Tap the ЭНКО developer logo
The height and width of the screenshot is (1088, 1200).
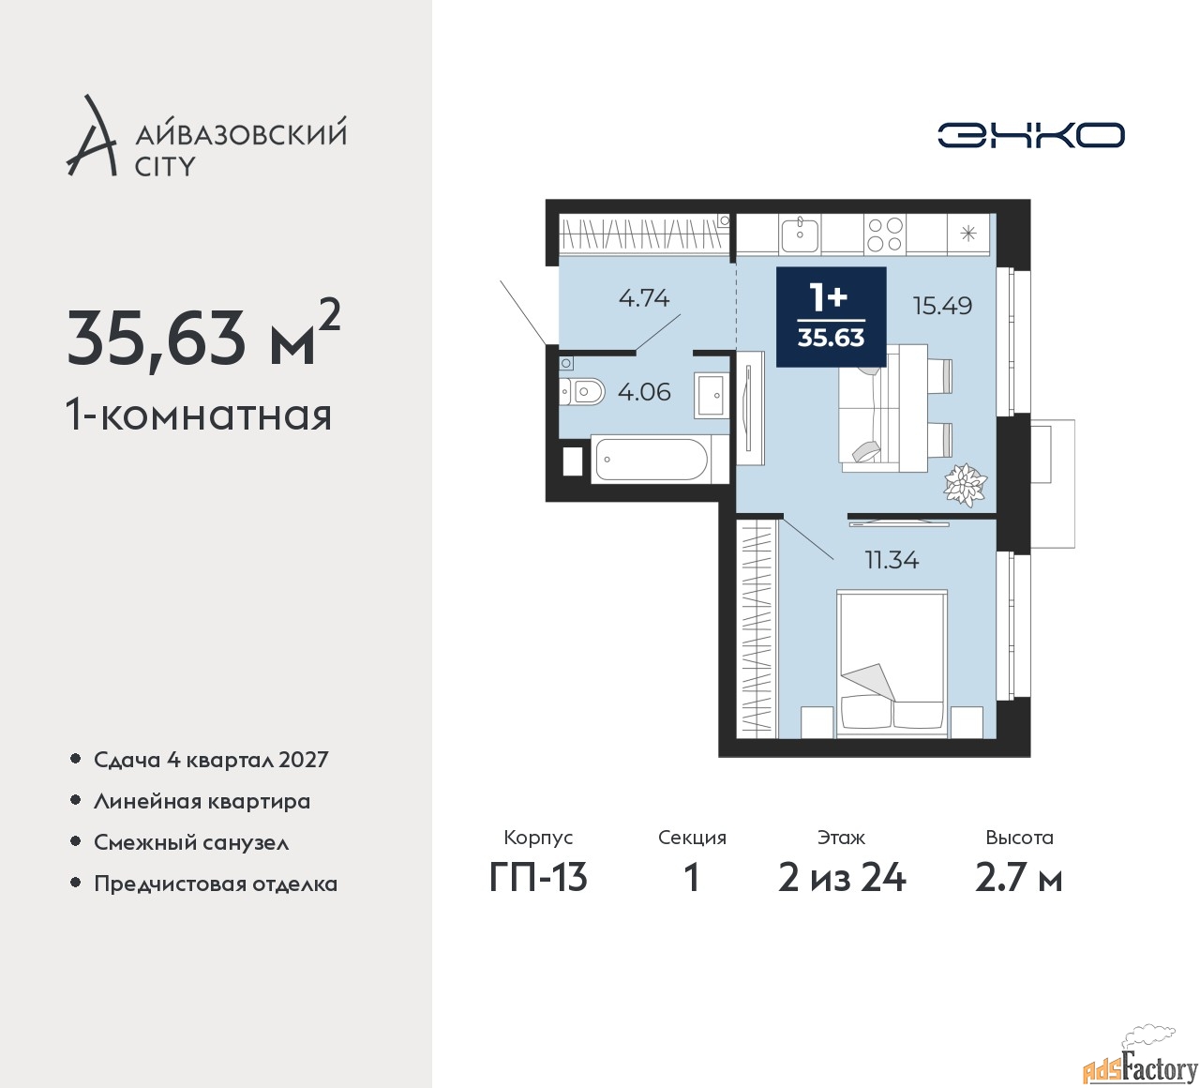click(1030, 135)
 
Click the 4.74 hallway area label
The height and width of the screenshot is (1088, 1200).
click(644, 297)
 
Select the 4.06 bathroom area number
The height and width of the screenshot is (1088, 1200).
click(644, 392)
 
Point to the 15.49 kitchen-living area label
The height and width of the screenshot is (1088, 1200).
click(943, 306)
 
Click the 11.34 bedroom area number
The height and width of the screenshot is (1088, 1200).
click(892, 560)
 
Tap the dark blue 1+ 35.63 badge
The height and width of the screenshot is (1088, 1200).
click(831, 317)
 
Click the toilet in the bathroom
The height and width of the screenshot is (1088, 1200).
click(582, 393)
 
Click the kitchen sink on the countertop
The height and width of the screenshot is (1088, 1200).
click(800, 234)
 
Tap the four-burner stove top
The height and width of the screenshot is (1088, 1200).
click(885, 234)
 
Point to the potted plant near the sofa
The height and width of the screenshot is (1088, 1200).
click(965, 484)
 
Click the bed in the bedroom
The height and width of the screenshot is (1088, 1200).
click(892, 664)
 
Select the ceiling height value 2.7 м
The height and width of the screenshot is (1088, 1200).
click(1018, 879)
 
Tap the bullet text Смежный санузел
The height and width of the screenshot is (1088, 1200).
click(191, 842)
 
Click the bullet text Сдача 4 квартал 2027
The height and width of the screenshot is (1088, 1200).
click(211, 760)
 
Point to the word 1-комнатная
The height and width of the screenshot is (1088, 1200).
click(199, 416)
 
